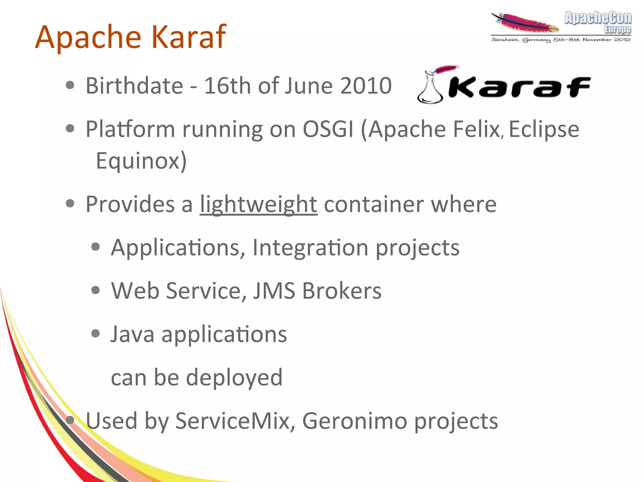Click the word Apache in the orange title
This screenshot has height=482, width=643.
89,37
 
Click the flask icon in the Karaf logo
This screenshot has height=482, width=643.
430,88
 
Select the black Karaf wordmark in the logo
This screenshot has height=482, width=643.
520,87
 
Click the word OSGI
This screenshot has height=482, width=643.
328,129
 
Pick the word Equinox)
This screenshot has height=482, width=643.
141,161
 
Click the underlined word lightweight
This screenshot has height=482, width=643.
258,204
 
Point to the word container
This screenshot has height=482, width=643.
374,204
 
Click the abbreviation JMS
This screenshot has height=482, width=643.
274,291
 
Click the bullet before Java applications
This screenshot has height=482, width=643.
95,333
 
